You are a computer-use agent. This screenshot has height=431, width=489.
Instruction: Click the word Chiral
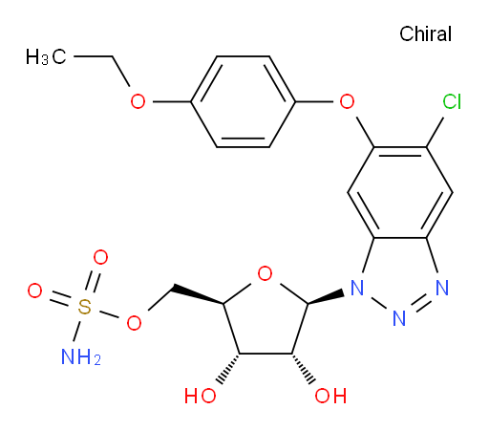pos(425,33)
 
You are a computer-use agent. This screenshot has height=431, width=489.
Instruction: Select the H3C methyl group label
pos(46,56)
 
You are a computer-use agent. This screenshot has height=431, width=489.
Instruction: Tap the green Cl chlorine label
pos(452,102)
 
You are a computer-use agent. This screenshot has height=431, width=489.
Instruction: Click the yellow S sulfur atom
pos(84,307)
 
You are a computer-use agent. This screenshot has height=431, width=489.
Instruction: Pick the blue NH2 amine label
pos(81,356)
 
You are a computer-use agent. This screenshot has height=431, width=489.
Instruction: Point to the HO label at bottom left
pos(201,396)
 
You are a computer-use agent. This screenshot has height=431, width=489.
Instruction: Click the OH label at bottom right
pos(330,396)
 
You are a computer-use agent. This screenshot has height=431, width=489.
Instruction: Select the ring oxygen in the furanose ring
pos(265,273)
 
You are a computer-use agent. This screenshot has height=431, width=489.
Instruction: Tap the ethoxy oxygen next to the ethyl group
pos(138,101)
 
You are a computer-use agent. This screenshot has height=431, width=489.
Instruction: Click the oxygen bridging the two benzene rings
pos(347,101)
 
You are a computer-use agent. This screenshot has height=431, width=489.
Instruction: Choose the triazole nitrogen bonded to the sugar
pos(356,288)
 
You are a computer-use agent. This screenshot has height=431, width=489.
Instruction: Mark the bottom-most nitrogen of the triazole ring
pos(399,318)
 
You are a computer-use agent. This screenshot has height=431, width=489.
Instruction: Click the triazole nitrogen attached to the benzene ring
pos(442,288)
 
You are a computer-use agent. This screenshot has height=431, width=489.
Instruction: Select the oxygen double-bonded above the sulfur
pos(100,257)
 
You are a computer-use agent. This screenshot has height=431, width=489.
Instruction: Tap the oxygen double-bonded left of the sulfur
pos(34,291)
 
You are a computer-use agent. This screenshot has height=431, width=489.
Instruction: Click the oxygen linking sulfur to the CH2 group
pos(134,323)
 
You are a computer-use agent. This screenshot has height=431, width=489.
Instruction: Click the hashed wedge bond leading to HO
pos(229,369)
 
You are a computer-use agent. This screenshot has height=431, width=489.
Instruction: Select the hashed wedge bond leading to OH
pos(303,369)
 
